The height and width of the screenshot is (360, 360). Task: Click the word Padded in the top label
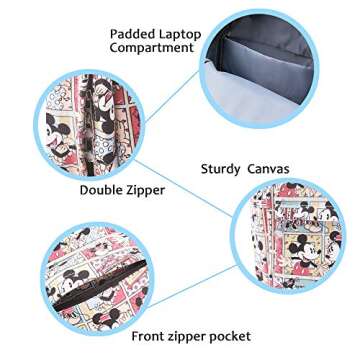[133, 34]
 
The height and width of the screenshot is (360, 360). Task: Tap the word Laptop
[178, 34]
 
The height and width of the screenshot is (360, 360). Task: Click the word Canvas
[270, 168]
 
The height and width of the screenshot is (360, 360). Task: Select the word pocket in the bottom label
[228, 336]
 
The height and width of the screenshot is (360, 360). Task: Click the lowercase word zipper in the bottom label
[190, 336]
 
